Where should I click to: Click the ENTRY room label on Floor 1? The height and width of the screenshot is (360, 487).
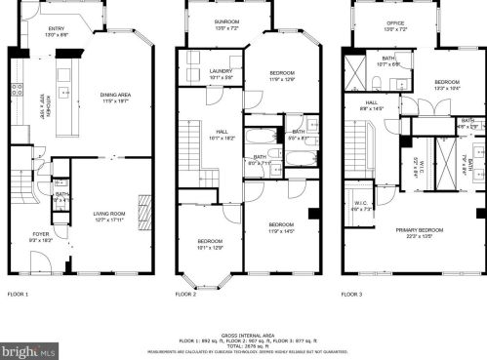(58, 30)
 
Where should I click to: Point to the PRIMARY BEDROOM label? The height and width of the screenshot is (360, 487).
(420, 231)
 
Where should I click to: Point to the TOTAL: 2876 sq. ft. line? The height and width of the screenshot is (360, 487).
(243, 345)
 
